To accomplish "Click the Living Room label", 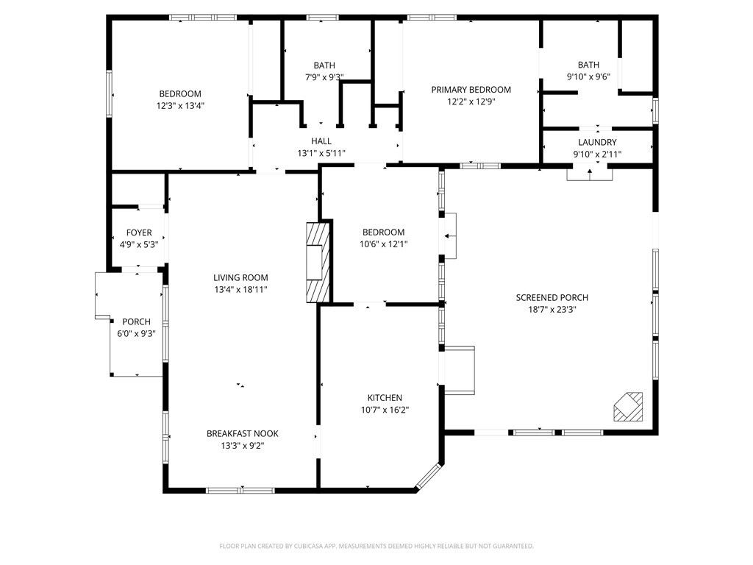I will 240,277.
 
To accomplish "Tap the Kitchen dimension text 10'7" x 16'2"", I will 385,410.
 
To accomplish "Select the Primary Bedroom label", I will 471,90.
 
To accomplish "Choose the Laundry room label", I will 597,142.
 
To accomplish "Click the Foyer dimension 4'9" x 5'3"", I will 139,244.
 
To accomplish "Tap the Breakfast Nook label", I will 242,433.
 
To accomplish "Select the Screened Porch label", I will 552,297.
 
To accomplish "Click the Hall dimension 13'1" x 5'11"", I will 321,153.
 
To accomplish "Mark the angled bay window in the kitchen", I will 427,476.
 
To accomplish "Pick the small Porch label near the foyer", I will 136,321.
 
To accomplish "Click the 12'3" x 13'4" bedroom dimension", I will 180,105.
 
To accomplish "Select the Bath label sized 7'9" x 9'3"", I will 324,65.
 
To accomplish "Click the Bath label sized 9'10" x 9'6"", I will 588,65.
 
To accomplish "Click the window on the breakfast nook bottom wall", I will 240,490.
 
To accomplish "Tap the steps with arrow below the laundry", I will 589,174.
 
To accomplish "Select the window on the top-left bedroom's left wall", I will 110,93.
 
